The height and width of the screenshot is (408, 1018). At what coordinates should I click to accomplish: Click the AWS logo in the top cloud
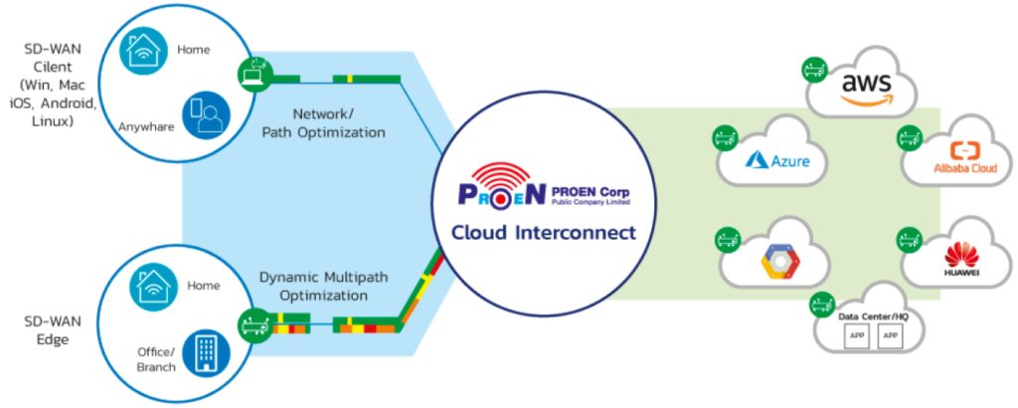(x=865, y=87)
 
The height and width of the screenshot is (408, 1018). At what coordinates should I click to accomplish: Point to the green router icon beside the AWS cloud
(x=813, y=70)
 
